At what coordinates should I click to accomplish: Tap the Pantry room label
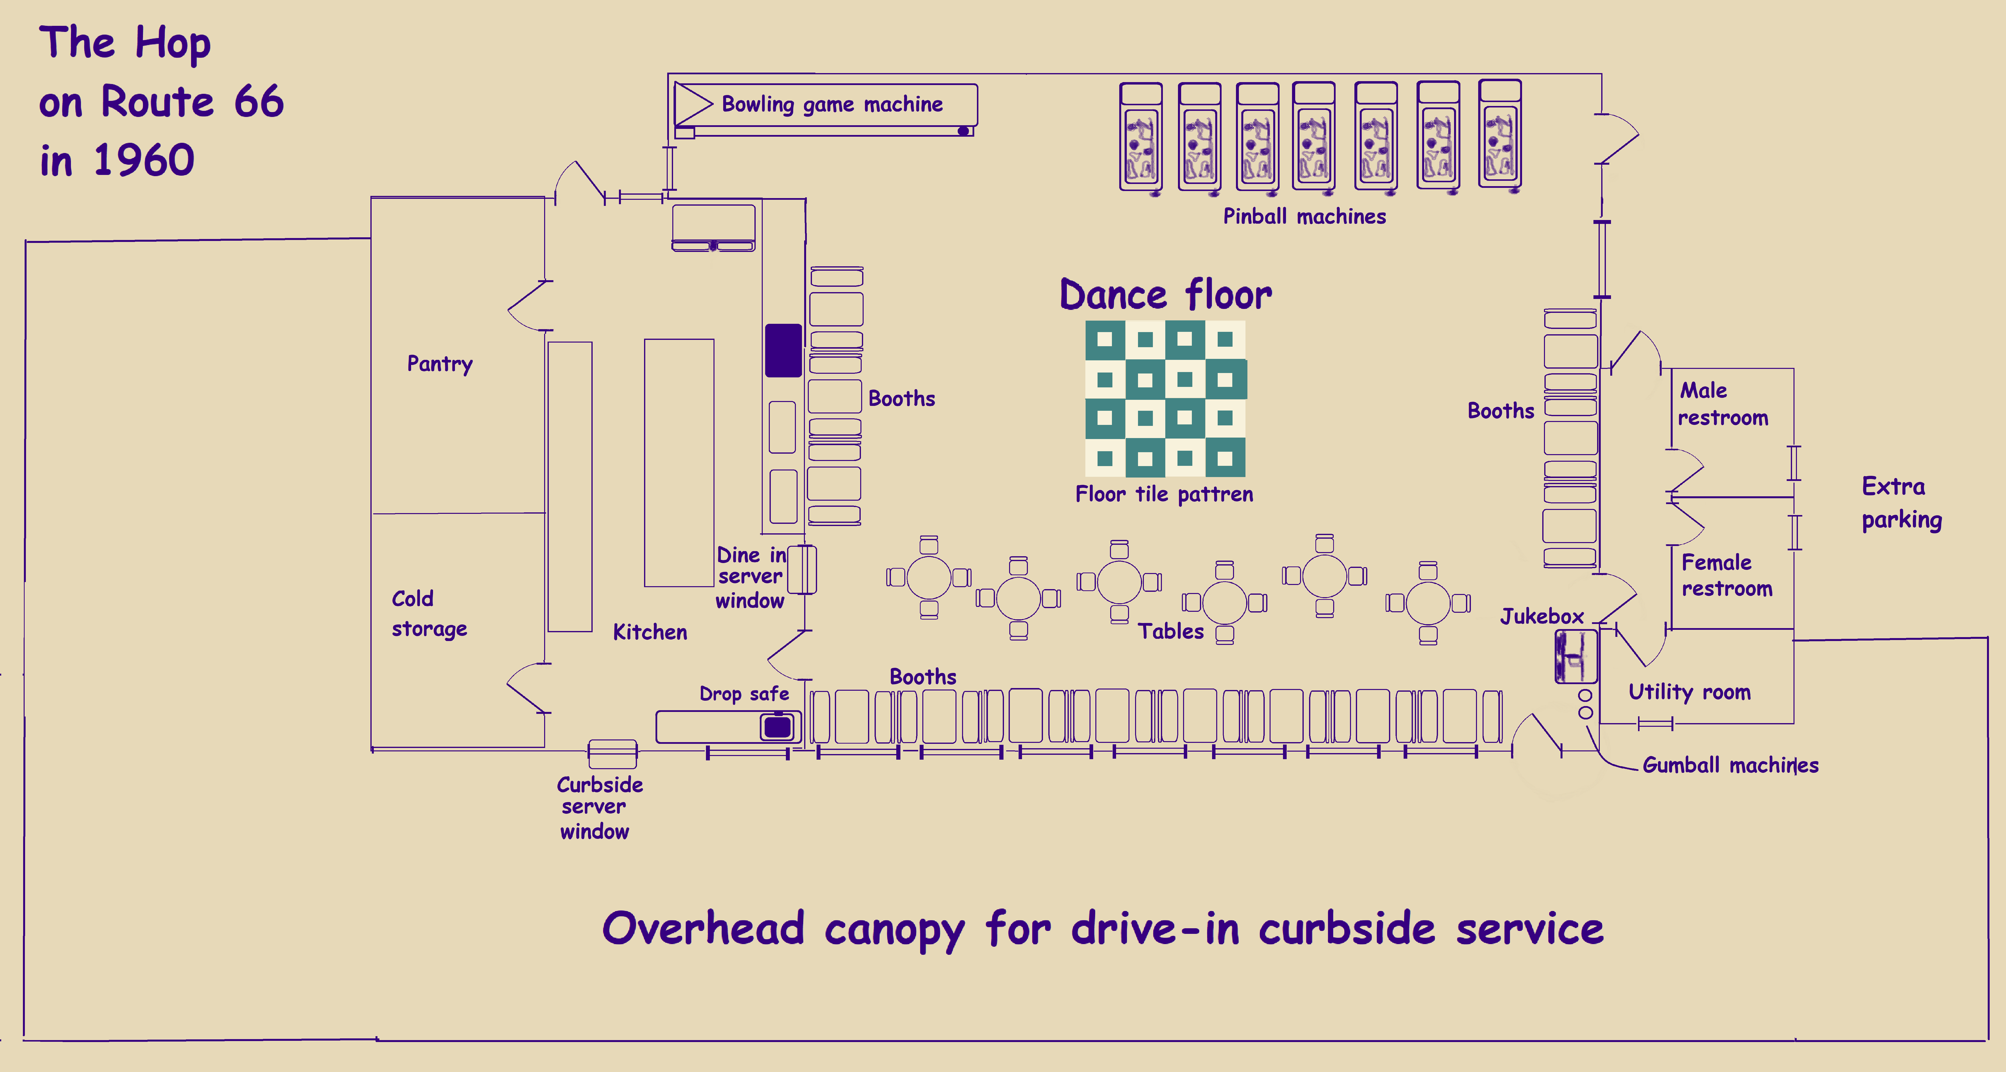[x=440, y=364]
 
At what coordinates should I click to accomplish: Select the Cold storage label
[x=429, y=613]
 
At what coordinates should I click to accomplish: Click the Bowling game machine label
[x=832, y=104]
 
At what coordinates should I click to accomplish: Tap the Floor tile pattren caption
[x=1164, y=494]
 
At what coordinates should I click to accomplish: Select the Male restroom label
[x=1723, y=404]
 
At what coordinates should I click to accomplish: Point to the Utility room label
[x=1689, y=692]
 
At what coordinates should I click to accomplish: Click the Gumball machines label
[x=1730, y=765]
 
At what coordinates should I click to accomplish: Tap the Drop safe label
[x=744, y=694]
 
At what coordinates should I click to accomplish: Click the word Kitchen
[x=649, y=632]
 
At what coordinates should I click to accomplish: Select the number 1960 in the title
[x=144, y=161]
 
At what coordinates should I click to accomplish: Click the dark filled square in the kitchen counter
[x=783, y=350]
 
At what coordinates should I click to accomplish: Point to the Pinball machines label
[x=1304, y=216]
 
